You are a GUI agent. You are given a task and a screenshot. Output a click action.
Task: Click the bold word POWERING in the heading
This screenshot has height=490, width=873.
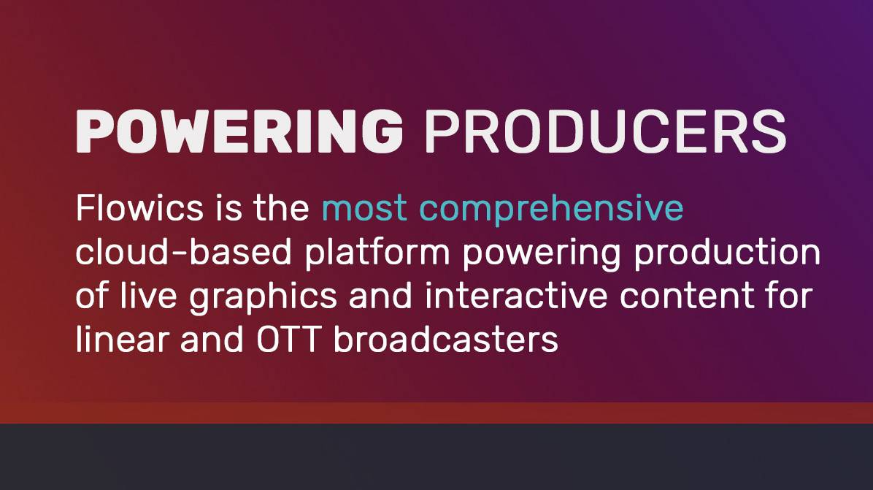(x=239, y=131)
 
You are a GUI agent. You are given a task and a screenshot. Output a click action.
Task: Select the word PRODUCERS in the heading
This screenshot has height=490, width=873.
(x=604, y=131)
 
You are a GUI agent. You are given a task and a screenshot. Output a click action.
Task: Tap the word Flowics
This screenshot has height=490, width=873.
(x=139, y=208)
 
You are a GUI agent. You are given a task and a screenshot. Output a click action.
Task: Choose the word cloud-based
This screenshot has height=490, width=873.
(x=184, y=252)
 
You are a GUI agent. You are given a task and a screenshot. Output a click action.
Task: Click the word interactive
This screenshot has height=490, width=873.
(x=516, y=296)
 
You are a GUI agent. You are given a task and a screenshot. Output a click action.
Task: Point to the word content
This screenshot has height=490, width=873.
(x=687, y=296)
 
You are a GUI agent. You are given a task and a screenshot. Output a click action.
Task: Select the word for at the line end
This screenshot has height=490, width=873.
(x=790, y=296)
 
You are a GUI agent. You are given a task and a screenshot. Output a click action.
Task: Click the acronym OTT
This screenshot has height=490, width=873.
(x=288, y=339)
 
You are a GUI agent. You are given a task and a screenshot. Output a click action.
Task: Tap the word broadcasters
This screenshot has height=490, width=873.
(x=445, y=339)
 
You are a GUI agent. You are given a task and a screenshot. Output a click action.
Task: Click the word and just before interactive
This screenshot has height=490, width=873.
(x=380, y=296)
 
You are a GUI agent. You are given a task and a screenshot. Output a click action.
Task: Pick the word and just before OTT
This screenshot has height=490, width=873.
(x=212, y=339)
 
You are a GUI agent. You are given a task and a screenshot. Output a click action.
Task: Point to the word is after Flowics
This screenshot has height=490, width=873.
(x=228, y=208)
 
